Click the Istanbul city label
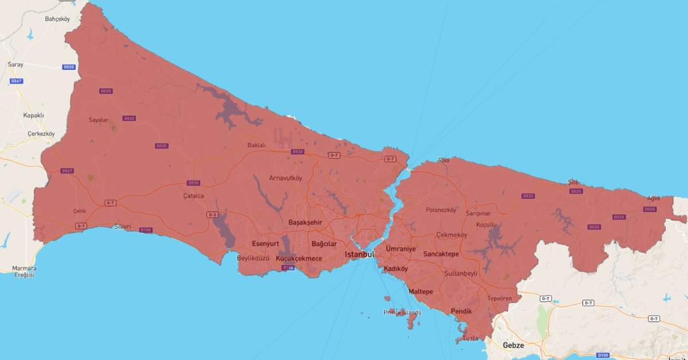359,254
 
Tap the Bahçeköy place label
57,19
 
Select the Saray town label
15,64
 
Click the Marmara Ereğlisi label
24,271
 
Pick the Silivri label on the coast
122,226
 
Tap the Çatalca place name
193,195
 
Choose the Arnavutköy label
286,178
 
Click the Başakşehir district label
305,222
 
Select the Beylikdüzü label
253,259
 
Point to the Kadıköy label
396,268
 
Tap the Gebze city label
513,345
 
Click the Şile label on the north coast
573,181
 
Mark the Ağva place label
653,198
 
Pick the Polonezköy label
441,210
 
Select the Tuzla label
470,338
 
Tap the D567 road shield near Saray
17,81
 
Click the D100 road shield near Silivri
146,230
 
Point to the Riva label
444,160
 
